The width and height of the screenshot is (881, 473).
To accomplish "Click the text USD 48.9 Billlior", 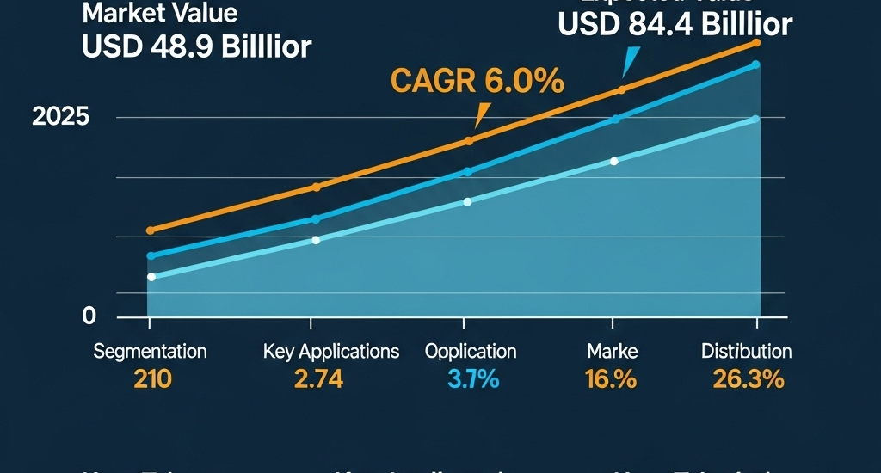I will [196, 46].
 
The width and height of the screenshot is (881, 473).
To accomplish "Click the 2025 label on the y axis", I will [60, 118].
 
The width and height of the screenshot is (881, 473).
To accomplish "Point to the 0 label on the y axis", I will [89, 316].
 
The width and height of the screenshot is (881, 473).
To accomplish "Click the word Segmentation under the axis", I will [150, 352].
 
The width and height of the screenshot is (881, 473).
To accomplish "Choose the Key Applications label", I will [331, 352].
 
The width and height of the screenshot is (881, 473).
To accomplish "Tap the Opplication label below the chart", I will [471, 352].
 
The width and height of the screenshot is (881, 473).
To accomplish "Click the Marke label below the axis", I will [612, 352].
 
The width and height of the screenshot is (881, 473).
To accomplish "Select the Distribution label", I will [746, 352].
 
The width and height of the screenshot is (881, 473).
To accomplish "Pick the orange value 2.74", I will [319, 378].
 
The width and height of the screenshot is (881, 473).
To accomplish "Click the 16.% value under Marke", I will [612, 378].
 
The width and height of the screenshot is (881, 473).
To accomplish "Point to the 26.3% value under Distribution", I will [748, 378].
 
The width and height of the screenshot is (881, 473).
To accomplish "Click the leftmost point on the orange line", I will [151, 230].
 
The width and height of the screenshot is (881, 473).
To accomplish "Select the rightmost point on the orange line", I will [756, 42].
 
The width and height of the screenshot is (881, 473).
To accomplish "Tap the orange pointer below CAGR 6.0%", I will [481, 114].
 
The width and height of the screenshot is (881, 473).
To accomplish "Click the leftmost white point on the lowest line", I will [151, 277].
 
